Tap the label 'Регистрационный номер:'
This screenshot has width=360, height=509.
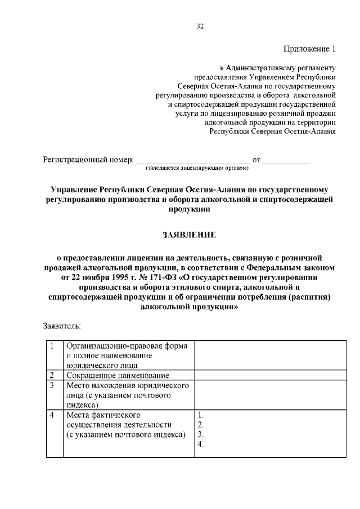(x=88, y=160)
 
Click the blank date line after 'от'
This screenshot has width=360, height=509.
(x=286, y=161)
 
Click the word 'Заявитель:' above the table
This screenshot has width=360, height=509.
(x=62, y=326)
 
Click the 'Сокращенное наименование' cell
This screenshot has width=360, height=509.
(x=118, y=375)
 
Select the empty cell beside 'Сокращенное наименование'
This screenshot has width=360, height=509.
(x=269, y=375)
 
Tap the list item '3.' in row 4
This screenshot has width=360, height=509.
(x=201, y=435)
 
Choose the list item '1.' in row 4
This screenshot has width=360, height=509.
(x=201, y=415)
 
